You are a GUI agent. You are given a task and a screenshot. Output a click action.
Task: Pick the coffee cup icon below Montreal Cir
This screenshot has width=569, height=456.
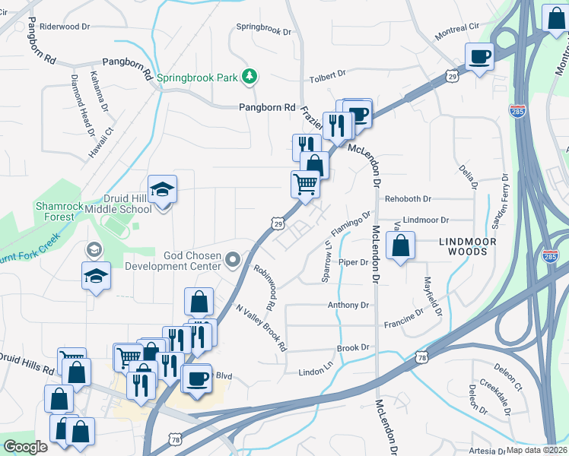pyautogui.click(x=479, y=56)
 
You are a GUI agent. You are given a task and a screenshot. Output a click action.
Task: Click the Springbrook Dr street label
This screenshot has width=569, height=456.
pyautogui.click(x=264, y=31)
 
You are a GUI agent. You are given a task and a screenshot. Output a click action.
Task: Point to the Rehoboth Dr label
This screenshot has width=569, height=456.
pyautogui.click(x=407, y=199)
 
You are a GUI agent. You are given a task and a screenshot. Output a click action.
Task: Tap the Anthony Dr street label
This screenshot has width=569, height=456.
pyautogui.click(x=348, y=305)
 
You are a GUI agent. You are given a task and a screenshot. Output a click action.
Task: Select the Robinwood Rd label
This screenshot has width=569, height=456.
pyautogui.click(x=270, y=287)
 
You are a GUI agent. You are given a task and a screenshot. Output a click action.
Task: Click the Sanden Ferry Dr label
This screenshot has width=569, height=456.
pyautogui.click(x=500, y=201)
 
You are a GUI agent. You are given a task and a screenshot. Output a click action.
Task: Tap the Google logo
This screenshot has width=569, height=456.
pyautogui.click(x=24, y=447)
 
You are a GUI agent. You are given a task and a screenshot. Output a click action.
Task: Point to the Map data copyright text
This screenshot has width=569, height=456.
pyautogui.click(x=537, y=450)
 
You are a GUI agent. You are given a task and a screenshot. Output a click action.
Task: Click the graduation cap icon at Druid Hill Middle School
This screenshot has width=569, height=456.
pyautogui.click(x=162, y=188)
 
